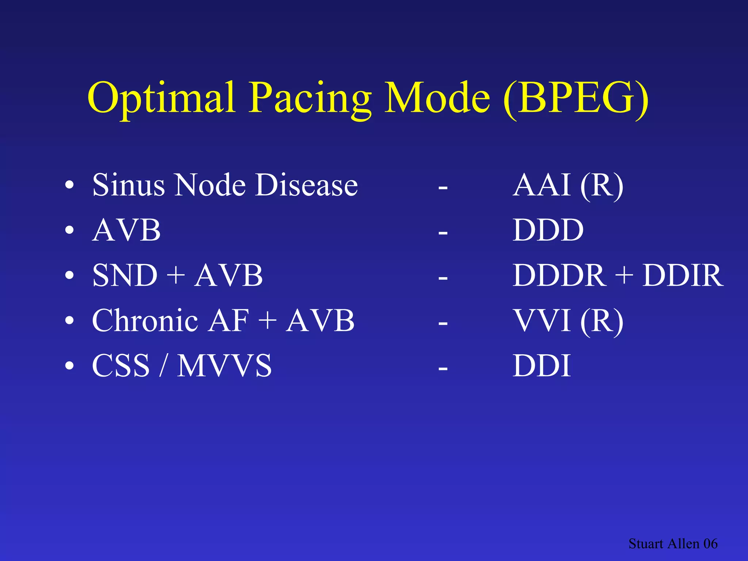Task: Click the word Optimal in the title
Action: pyautogui.click(x=161, y=98)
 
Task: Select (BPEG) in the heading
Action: pyautogui.click(x=576, y=98)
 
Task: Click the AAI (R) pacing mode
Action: pyautogui.click(x=568, y=185)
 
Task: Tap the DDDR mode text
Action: pyautogui.click(x=559, y=275)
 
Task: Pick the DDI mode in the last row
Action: pyautogui.click(x=542, y=366)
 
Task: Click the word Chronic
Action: pyautogui.click(x=145, y=321)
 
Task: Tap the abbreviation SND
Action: pyautogui.click(x=125, y=275)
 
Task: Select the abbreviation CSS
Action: pyautogui.click(x=121, y=366)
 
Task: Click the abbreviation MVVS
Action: pyautogui.click(x=224, y=366)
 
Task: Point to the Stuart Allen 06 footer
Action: pyautogui.click(x=673, y=543)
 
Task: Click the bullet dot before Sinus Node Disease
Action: pyautogui.click(x=69, y=186)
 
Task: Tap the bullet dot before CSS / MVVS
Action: pyautogui.click(x=69, y=366)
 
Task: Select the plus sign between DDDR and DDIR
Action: pyautogui.click(x=624, y=275)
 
